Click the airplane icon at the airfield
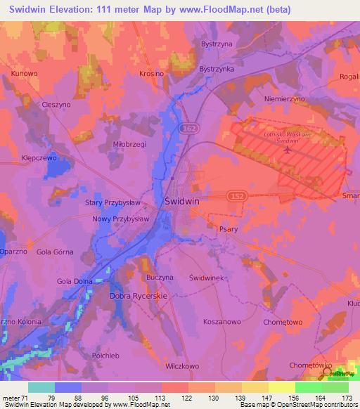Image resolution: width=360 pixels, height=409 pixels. (287, 150)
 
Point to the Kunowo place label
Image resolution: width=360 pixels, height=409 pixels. (24, 73)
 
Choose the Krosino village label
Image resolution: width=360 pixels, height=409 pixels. (151, 73)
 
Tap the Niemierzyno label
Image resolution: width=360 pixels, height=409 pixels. (283, 100)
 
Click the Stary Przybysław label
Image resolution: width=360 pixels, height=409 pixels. (114, 202)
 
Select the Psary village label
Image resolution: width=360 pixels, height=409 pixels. (228, 229)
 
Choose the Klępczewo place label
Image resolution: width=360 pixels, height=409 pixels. (39, 159)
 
